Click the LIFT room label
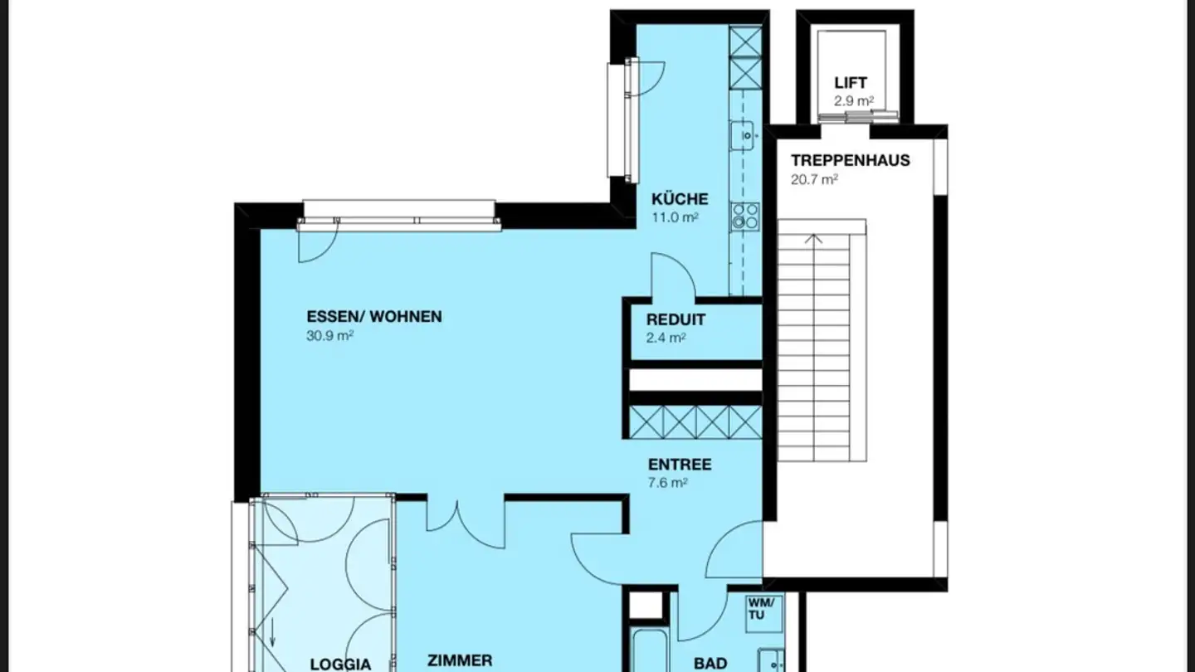[851, 83]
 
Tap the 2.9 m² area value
[853, 101]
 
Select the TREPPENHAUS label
[850, 160]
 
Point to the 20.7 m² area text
[813, 179]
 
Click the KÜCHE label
[680, 199]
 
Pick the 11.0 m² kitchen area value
[674, 217]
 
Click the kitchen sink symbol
[744, 134]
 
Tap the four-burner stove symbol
[744, 217]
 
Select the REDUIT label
[676, 320]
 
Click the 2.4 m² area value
[666, 338]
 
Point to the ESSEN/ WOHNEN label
[374, 317]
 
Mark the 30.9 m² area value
[330, 336]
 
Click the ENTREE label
[680, 465]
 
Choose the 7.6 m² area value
[667, 484]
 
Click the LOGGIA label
[339, 664]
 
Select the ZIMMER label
[459, 661]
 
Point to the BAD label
[710, 663]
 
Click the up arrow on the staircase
[814, 240]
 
